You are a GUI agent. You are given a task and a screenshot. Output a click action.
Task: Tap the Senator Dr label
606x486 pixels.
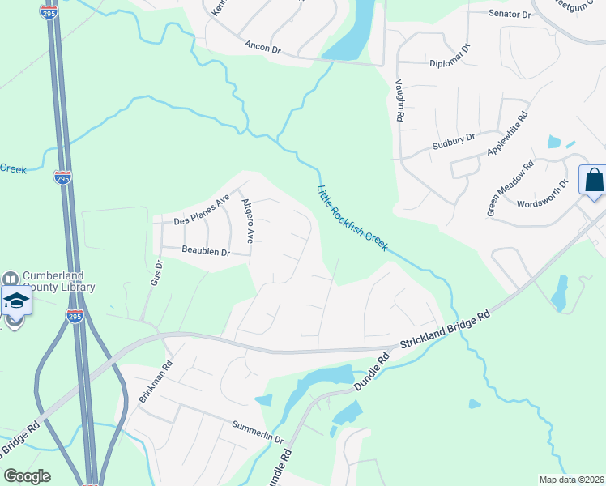click(510, 15)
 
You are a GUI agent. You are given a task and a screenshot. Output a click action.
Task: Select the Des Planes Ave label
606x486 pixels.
click(203, 211)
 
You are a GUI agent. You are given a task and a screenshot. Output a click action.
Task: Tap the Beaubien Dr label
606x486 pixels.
click(206, 252)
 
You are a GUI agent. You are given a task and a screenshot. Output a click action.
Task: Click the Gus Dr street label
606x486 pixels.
click(156, 272)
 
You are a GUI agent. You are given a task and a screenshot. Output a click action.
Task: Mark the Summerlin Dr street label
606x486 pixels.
click(257, 431)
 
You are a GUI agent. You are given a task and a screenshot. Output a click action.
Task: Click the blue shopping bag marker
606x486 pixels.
click(593, 181)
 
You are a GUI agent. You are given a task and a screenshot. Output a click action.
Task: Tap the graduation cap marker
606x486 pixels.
click(15, 301)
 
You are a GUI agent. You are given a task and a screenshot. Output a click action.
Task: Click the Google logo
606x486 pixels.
click(27, 476)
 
